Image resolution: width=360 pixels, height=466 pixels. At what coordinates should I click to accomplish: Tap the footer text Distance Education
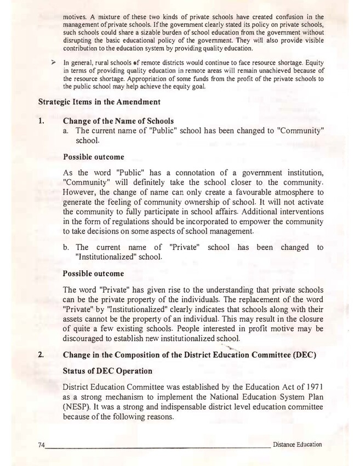coord(297,444)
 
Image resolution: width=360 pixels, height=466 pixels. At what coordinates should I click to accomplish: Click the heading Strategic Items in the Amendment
coord(99,102)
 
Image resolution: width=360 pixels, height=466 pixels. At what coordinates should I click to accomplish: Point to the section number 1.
coord(41,121)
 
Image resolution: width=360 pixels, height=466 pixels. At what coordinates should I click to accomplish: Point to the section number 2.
coord(41,354)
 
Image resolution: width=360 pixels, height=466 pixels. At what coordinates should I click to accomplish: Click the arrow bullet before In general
coord(53,63)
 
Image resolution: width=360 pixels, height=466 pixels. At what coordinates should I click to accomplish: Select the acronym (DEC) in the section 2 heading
coord(311,354)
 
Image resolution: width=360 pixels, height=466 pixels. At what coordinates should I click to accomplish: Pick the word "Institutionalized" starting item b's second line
coord(105,257)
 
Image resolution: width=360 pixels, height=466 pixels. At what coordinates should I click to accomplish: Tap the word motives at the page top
coord(75,17)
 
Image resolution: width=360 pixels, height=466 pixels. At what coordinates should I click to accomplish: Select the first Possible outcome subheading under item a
coord(93,157)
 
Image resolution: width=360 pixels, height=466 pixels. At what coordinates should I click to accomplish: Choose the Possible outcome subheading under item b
coord(93,273)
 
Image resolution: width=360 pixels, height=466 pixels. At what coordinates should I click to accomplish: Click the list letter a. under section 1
coord(66,131)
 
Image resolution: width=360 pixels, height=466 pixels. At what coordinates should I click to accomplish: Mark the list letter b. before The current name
coord(66,247)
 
